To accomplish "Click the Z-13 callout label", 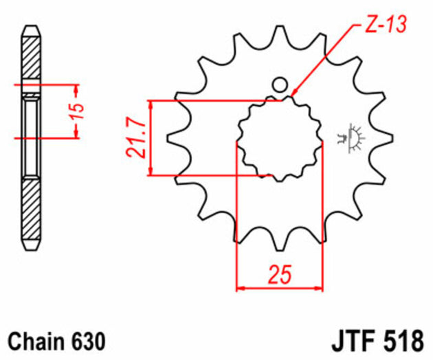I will tap(383, 25).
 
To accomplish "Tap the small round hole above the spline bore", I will tap(279, 85).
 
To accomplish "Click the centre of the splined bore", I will tap(279, 137).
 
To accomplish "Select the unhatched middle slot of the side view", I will tap(32, 137).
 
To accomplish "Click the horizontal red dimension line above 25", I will tap(279, 289).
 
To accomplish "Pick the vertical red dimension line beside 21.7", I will tap(151, 137).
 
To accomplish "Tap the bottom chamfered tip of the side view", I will tap(32, 245).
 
